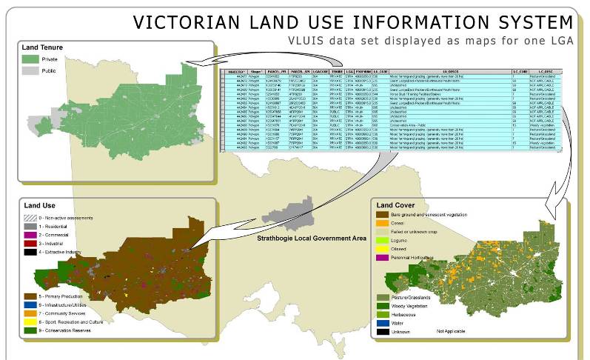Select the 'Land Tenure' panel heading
[x=42, y=47]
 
